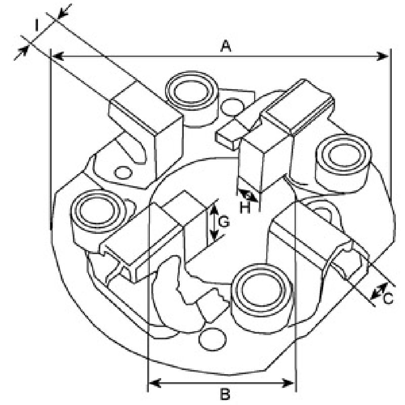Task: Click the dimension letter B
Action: point(225,394)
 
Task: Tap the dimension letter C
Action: point(388,298)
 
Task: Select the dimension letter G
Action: point(224,222)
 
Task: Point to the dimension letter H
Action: point(245,208)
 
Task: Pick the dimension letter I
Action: point(36,26)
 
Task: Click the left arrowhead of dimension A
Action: point(58,56)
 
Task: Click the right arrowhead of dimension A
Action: point(382,56)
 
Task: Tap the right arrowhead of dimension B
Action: point(289,383)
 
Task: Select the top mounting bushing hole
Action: point(192,92)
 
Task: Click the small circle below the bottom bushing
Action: point(212,339)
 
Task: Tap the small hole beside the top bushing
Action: point(232,107)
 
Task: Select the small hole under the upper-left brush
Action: point(123,173)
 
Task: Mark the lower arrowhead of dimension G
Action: point(214,235)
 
